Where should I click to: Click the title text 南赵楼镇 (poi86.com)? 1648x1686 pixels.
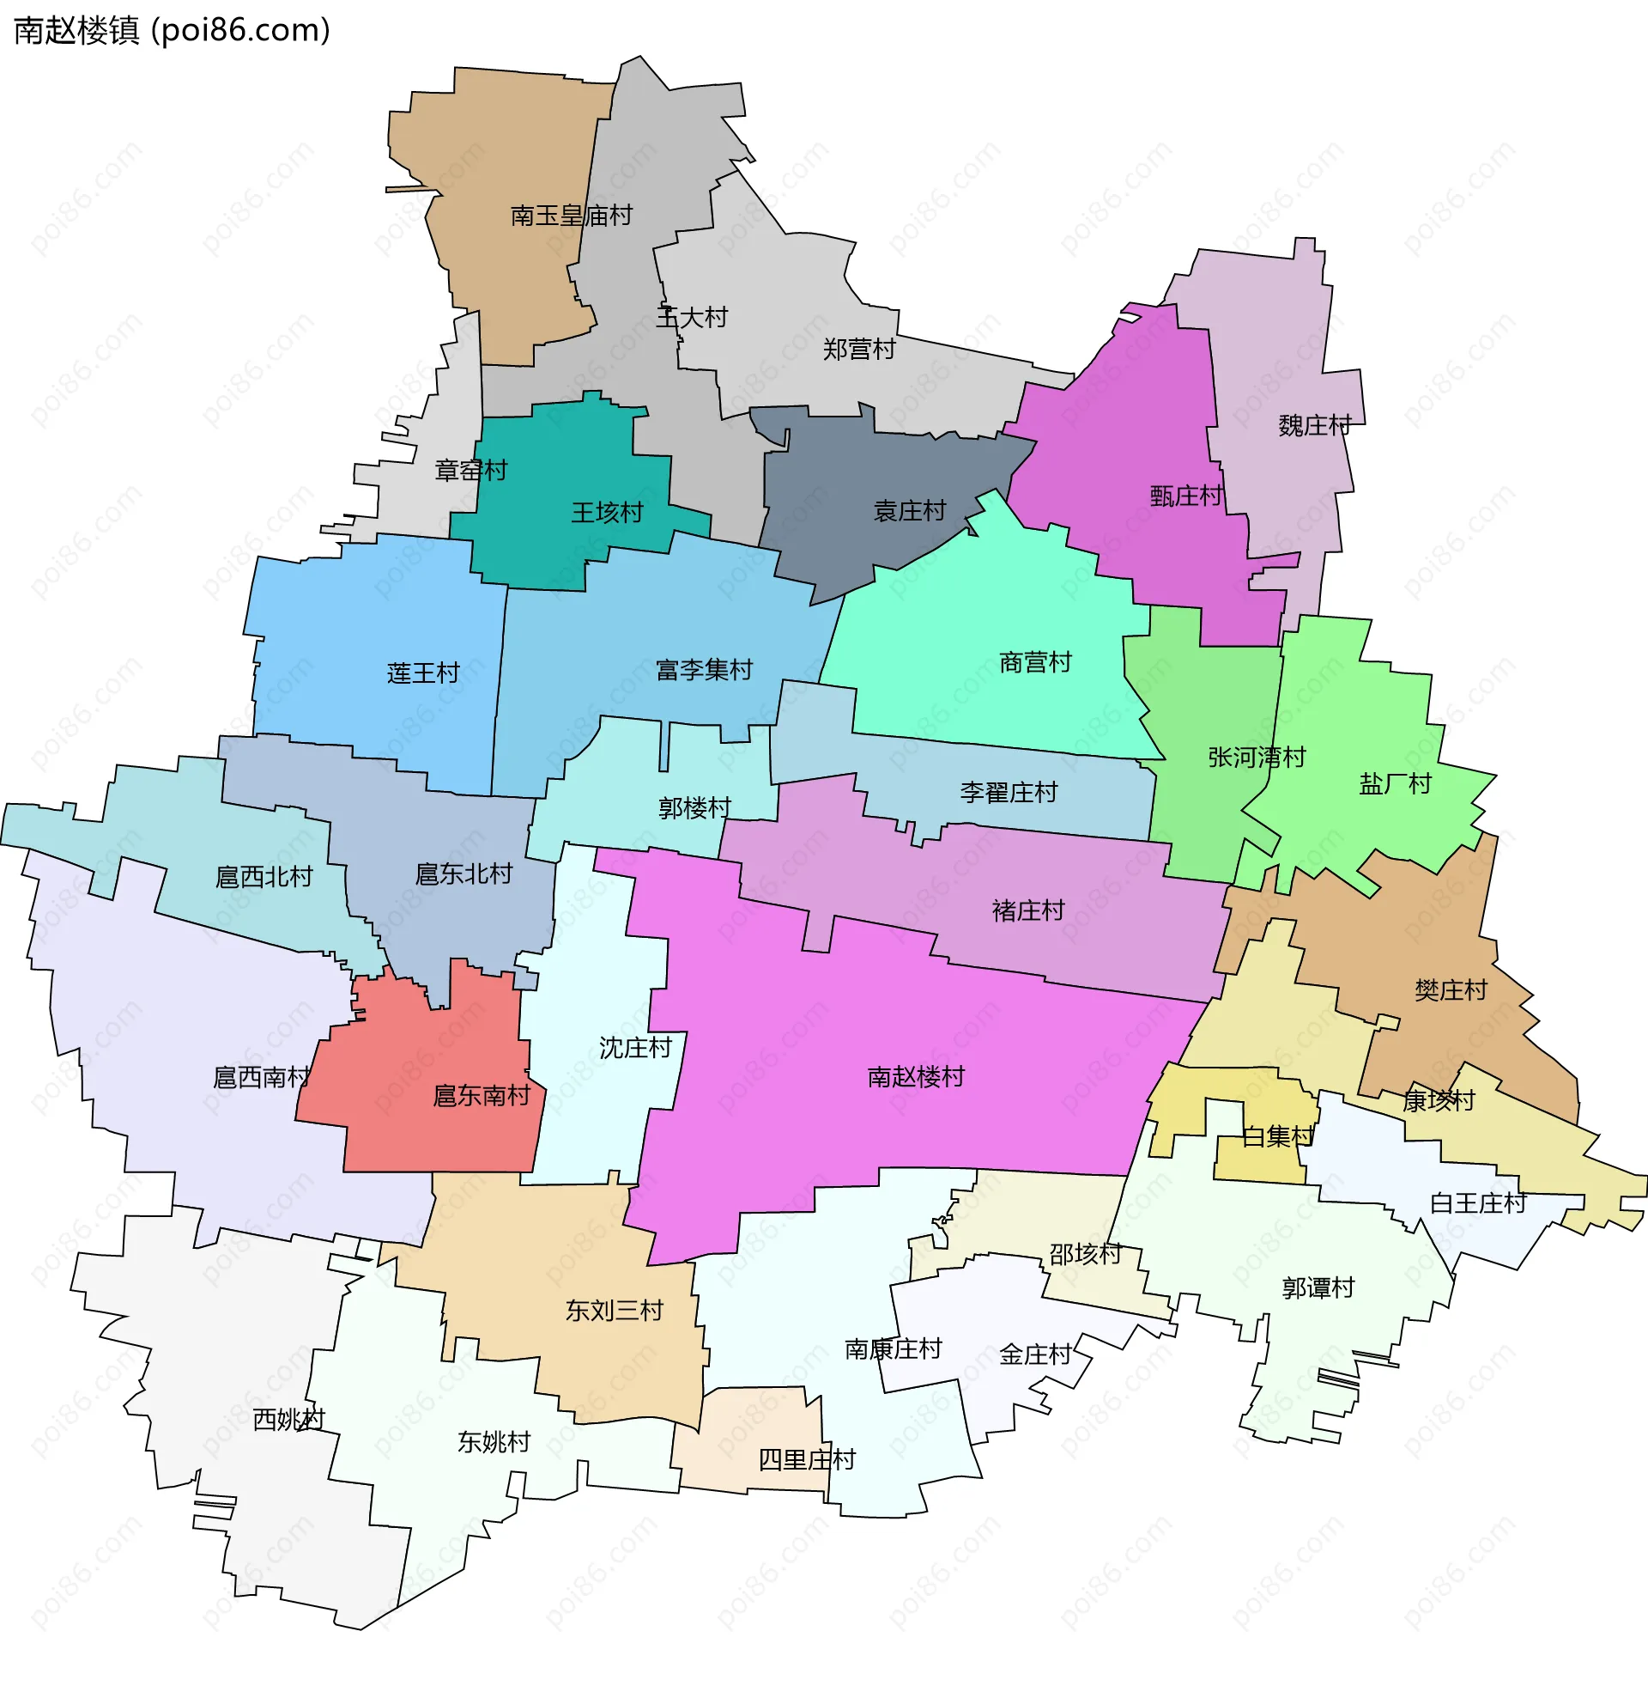tap(173, 30)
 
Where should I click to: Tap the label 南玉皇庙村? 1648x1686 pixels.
tap(572, 216)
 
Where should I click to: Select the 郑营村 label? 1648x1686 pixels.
tap(858, 350)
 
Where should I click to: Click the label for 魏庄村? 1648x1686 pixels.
tap(1314, 425)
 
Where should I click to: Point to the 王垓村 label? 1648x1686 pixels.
tap(607, 513)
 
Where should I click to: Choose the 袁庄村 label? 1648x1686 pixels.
tap(909, 511)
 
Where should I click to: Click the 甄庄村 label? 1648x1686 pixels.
tap(1186, 496)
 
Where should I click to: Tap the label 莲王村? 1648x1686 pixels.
tap(422, 673)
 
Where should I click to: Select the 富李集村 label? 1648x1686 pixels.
tap(704, 669)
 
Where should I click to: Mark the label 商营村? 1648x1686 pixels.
tap(1035, 662)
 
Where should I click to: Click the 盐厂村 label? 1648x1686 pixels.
tap(1395, 783)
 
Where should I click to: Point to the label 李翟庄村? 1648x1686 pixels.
tap(1009, 793)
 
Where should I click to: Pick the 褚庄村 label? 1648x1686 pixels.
tap(1027, 911)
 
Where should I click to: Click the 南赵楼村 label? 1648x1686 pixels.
tap(916, 1077)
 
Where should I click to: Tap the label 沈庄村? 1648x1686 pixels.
tap(635, 1049)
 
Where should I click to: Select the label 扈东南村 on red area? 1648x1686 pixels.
tap(482, 1096)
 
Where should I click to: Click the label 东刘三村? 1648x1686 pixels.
tap(614, 1311)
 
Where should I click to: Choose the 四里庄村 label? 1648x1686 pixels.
tap(807, 1460)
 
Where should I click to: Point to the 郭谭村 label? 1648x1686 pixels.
tap(1318, 1288)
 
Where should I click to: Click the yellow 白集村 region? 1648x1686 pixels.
tap(1259, 1160)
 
